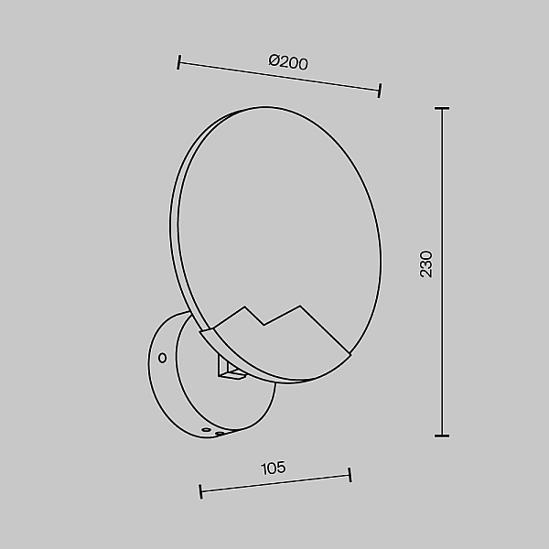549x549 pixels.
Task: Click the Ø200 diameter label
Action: (288, 62)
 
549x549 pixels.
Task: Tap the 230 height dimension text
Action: (426, 264)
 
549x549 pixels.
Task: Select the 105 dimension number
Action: (274, 468)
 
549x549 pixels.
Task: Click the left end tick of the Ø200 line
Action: (178, 62)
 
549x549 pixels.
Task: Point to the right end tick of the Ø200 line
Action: (380, 91)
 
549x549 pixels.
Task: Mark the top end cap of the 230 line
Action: (442, 109)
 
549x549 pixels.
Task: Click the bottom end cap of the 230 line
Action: (442, 436)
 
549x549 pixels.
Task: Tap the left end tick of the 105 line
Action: (200, 491)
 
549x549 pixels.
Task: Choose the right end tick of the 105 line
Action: (350, 475)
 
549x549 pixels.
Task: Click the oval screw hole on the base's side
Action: (162, 358)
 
